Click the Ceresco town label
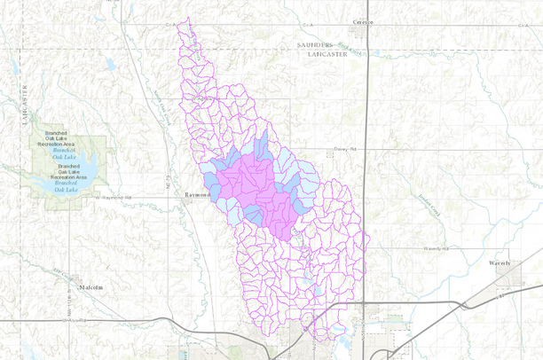click(363, 20)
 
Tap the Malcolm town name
click(90, 287)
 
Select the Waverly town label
click(500, 263)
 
